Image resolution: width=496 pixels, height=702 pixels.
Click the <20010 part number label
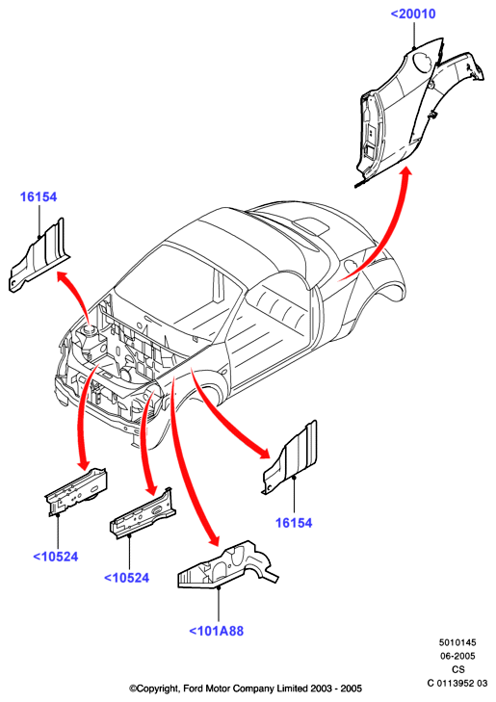(x=413, y=13)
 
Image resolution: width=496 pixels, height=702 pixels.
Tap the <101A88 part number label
(x=216, y=631)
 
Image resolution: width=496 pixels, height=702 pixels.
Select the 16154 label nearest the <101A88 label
(x=294, y=523)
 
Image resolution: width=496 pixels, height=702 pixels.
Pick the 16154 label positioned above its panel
(x=39, y=196)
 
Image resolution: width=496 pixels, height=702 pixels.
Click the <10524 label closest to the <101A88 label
(x=127, y=578)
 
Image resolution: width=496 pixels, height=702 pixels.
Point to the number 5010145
(x=457, y=642)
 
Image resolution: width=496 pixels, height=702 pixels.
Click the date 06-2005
(x=457, y=656)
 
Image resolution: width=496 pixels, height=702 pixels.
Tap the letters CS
(x=458, y=669)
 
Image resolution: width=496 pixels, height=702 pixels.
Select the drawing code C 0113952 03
(x=457, y=683)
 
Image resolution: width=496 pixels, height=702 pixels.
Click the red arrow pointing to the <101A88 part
(x=188, y=461)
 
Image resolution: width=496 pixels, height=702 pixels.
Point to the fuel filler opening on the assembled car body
(x=352, y=265)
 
